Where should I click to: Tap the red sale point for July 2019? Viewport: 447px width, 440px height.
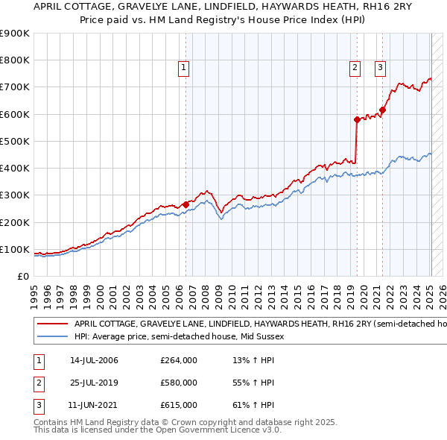coord(357,119)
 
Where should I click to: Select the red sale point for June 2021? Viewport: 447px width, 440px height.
coord(382,110)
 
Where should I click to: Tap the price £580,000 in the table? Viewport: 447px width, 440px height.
coord(179,383)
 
